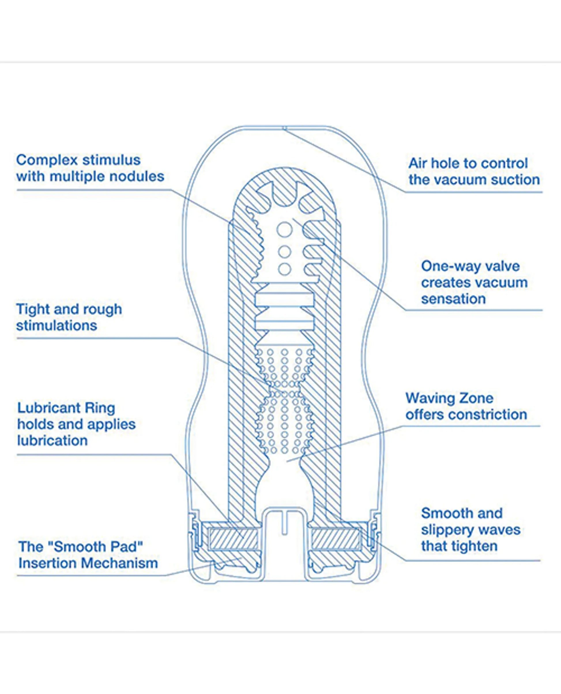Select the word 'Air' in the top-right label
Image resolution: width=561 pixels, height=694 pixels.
[417, 163]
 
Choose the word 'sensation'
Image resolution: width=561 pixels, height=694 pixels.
[453, 299]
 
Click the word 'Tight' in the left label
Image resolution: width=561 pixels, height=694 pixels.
[32, 310]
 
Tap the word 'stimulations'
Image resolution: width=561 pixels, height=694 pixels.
[57, 326]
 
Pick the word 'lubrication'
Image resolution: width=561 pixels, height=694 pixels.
[52, 441]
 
